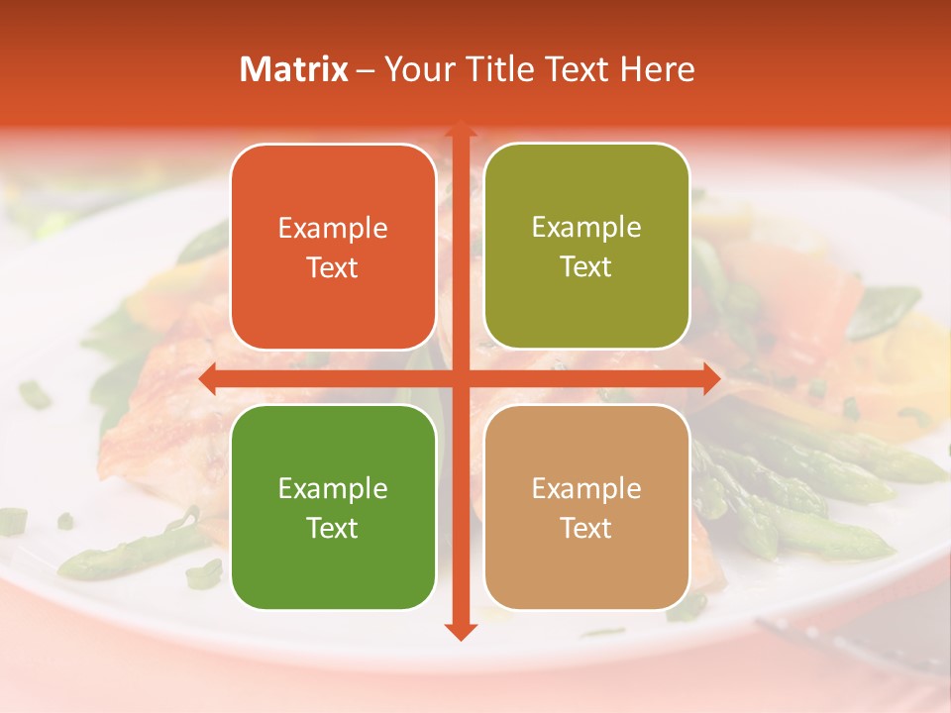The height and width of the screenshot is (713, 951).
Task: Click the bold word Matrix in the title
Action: [x=294, y=69]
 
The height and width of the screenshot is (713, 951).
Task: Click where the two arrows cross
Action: [x=460, y=378]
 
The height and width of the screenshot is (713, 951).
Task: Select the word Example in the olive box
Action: [x=586, y=228]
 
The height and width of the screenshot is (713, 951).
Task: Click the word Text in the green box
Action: [x=333, y=528]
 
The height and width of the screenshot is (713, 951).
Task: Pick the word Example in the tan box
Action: [x=586, y=488]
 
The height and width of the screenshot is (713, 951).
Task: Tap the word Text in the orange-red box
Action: [x=333, y=267]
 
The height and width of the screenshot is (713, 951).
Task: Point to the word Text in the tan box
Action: [x=586, y=528]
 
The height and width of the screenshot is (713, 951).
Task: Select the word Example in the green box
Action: [x=333, y=488]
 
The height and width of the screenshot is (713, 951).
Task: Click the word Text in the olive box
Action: [x=586, y=267]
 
